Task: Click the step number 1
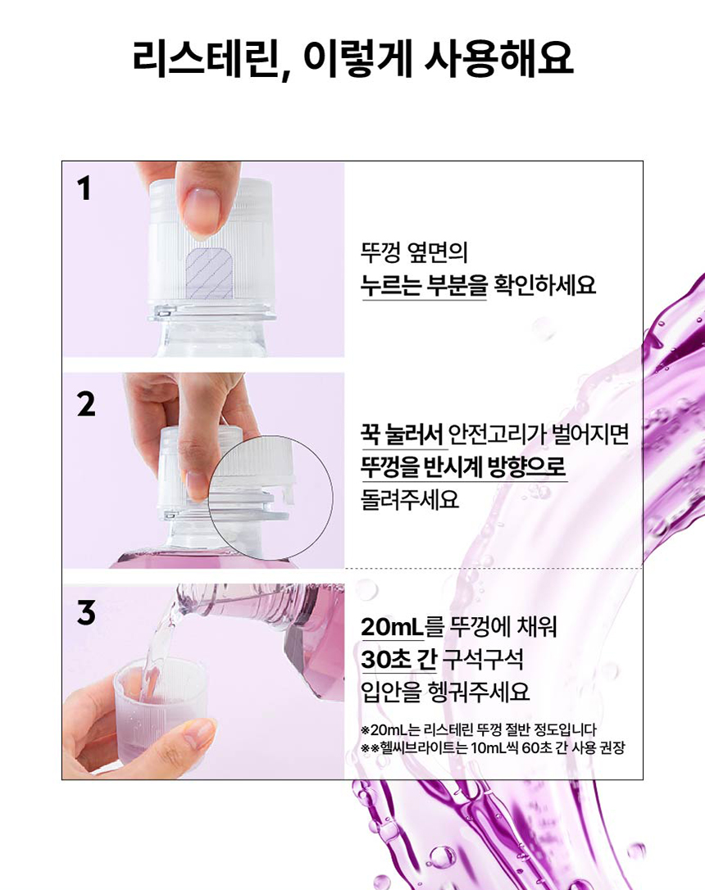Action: point(84,190)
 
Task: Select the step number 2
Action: point(86,403)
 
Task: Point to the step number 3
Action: point(86,613)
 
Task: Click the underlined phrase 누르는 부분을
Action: point(424,285)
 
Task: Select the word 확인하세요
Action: point(544,285)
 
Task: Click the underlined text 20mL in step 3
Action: point(391,627)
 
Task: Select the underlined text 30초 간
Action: point(398,659)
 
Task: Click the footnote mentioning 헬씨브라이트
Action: point(492,747)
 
